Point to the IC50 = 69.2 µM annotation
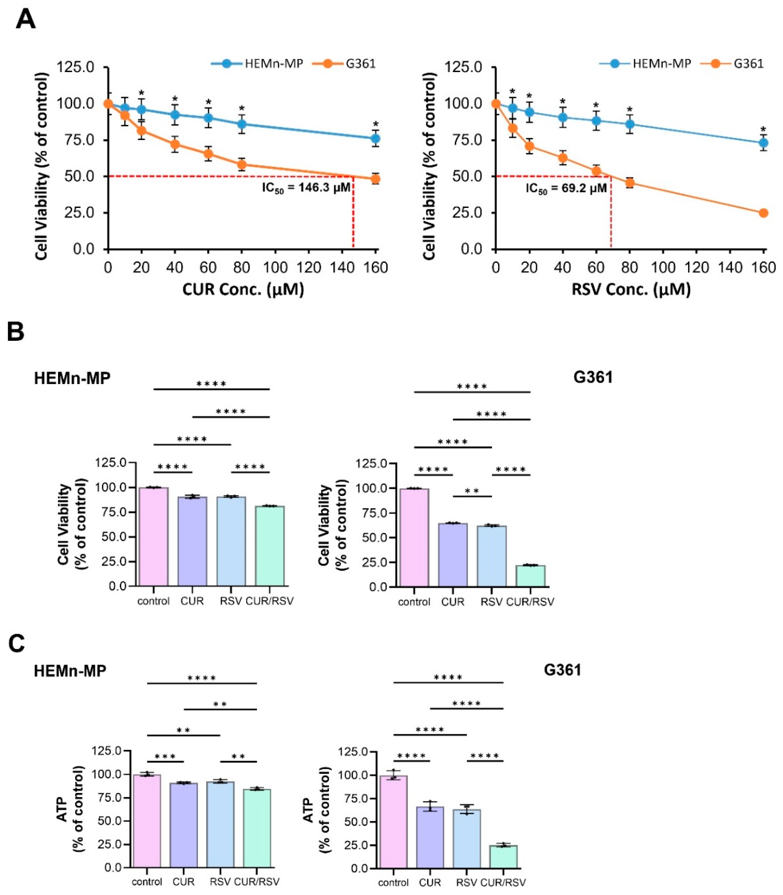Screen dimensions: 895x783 click(x=566, y=189)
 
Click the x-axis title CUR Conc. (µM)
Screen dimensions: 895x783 click(x=243, y=289)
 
